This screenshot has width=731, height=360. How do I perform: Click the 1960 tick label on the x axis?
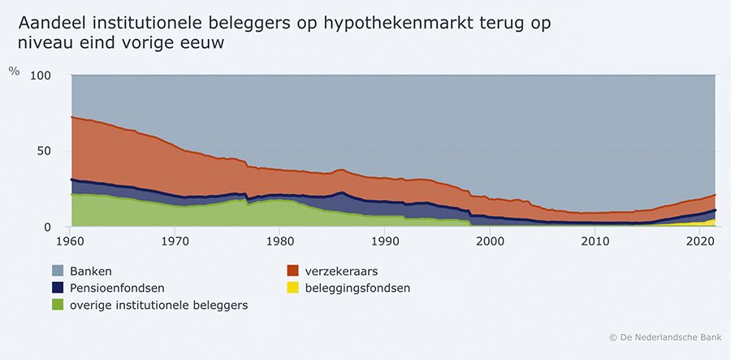(x=71, y=241)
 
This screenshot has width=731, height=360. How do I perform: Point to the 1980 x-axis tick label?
(x=279, y=241)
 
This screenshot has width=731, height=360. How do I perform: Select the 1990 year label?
(x=383, y=241)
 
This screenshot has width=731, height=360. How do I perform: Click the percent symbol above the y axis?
(x=14, y=70)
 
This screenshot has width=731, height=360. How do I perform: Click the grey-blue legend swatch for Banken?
(x=58, y=270)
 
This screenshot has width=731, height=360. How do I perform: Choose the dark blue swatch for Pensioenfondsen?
(x=58, y=287)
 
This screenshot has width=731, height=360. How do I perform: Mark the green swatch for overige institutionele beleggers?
(x=58, y=305)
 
